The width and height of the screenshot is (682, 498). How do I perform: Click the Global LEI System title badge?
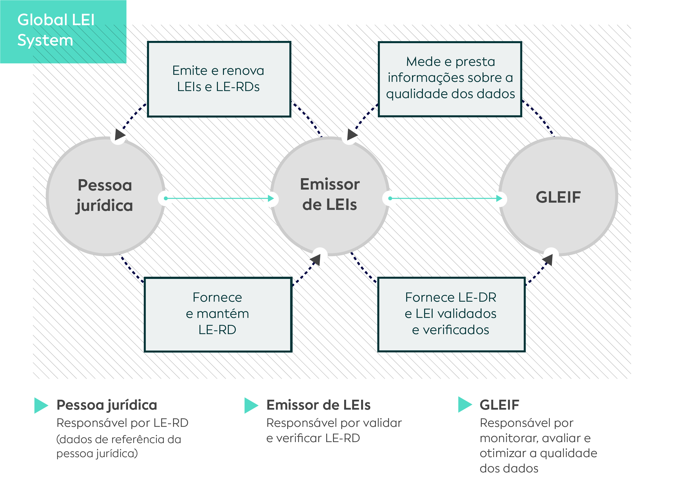[x=63, y=32]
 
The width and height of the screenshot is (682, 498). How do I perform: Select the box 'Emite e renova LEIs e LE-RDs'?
[x=219, y=79]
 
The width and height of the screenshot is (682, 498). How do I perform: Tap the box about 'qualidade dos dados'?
[x=450, y=79]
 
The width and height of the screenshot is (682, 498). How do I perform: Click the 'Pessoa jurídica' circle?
[x=105, y=196]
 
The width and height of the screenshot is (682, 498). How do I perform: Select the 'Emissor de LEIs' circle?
[x=330, y=196]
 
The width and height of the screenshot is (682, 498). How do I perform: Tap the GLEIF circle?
[x=558, y=196]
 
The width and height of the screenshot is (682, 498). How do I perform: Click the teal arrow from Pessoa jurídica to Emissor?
[x=219, y=198]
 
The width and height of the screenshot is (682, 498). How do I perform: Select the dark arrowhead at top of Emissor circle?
[x=352, y=134]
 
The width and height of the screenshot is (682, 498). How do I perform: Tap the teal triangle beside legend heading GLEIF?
[x=465, y=405]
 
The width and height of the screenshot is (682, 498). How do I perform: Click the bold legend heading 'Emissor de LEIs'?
[x=318, y=405]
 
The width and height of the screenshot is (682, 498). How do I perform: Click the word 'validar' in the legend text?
[x=382, y=423]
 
